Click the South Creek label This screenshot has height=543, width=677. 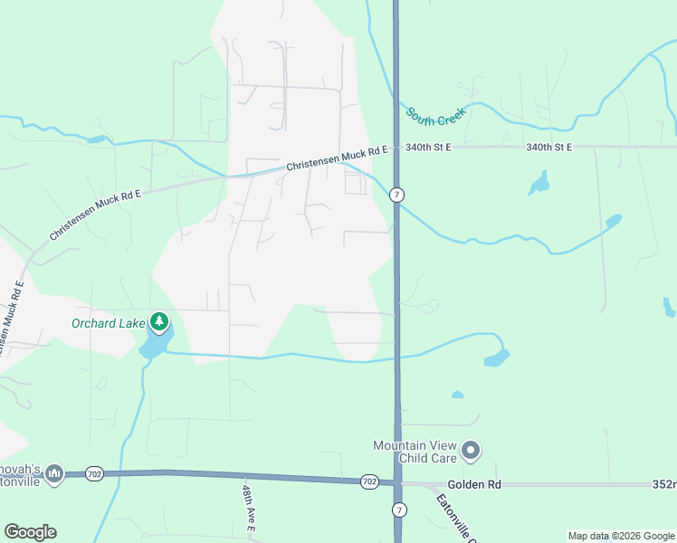[434, 117]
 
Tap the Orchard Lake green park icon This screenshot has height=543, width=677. [159, 321]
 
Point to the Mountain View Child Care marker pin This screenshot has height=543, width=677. [470, 450]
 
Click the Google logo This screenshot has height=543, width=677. [30, 532]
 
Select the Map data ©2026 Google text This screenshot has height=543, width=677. [620, 536]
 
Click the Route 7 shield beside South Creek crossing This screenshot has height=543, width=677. [396, 195]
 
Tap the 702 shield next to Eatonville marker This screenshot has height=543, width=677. [95, 473]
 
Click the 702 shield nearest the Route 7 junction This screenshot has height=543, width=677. [368, 481]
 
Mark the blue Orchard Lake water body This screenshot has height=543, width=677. [155, 343]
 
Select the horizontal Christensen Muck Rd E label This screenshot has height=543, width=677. [337, 158]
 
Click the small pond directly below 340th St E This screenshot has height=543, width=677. [539, 185]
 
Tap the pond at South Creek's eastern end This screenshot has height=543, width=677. [613, 220]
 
